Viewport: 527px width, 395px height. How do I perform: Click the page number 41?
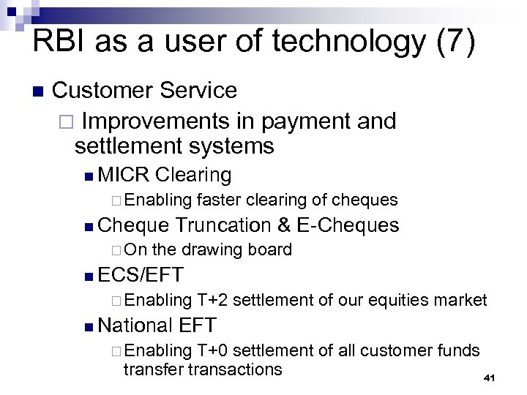[490, 377]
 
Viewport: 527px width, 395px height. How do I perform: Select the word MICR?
[123, 175]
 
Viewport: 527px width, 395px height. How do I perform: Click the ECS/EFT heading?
[140, 276]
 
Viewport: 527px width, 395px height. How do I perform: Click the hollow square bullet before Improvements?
[65, 120]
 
